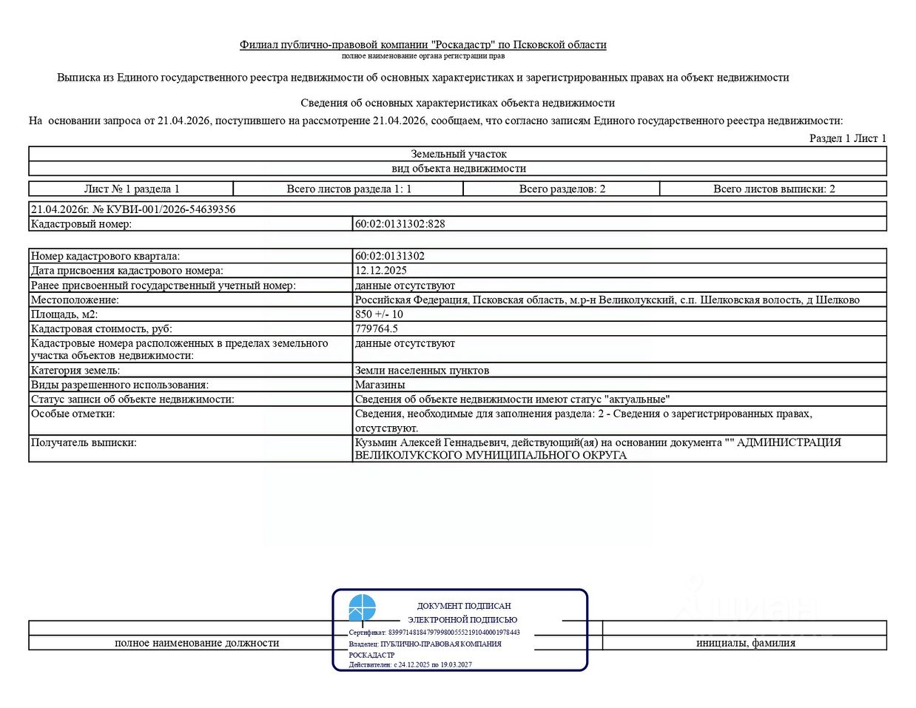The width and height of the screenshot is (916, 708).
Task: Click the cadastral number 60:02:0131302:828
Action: point(400,224)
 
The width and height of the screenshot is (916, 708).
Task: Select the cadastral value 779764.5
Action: point(376,328)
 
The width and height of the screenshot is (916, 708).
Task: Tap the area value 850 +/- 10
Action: point(379,314)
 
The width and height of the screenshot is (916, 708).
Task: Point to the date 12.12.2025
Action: point(380,271)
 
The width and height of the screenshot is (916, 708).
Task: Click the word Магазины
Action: point(380,385)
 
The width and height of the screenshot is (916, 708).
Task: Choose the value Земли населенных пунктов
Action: point(422,371)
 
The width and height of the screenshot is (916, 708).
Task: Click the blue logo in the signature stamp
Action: point(362,608)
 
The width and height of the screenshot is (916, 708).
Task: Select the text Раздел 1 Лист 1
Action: point(847,138)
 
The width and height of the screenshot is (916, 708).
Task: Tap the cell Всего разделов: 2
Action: point(562,189)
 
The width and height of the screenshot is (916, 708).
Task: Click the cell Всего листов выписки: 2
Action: point(773,189)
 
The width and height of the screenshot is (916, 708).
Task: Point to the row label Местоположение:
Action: point(75,300)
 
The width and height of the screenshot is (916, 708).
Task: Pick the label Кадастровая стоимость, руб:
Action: point(101,328)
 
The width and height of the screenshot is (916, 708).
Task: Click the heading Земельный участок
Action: point(459,154)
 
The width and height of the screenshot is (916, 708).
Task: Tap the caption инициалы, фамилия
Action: point(745,643)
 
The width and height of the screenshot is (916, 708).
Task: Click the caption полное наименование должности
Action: point(197,643)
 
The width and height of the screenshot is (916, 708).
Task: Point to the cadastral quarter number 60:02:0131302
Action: point(390,256)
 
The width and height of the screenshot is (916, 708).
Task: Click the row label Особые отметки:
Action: point(73,414)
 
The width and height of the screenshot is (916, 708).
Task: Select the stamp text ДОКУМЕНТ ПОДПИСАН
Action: point(464,606)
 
